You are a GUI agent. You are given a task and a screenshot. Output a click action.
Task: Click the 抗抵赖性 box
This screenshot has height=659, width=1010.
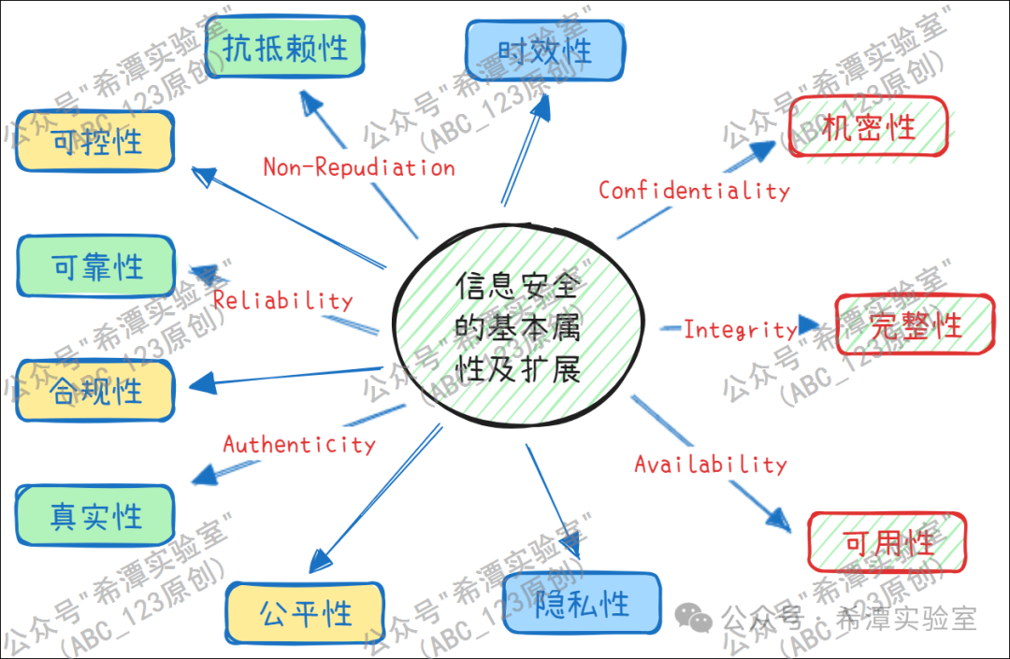283,48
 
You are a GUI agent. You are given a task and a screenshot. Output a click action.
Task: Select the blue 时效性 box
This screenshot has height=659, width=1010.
544,50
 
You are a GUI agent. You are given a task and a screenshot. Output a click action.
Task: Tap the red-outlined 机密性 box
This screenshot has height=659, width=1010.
868,127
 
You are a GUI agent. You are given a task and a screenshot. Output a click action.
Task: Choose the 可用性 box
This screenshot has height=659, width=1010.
887,542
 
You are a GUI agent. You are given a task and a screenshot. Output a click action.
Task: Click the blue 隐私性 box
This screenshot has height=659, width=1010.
582,603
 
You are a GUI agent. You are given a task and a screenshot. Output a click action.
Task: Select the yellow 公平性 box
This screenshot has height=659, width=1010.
305,614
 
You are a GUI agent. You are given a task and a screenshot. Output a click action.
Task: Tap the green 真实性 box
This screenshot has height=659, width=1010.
95,516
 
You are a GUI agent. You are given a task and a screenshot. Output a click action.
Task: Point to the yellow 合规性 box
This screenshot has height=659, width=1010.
95,389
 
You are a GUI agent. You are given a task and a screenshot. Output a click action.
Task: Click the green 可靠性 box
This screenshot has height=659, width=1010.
95,267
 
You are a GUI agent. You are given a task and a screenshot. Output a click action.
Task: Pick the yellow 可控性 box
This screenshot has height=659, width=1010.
95,141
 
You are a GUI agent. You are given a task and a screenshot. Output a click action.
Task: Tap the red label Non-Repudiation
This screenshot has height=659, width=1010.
359,167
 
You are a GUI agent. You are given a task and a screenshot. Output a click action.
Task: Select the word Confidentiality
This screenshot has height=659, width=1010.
694,191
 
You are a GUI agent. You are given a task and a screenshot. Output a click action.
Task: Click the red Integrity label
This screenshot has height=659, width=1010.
740,329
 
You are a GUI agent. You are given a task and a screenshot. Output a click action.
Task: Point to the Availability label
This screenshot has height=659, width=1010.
711,464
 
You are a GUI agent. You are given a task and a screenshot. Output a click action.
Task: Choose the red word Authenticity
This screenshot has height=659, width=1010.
299,444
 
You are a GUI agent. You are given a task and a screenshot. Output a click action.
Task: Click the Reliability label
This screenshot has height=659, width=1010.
282,300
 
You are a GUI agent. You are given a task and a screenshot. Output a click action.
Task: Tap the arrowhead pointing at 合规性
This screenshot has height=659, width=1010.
200,383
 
